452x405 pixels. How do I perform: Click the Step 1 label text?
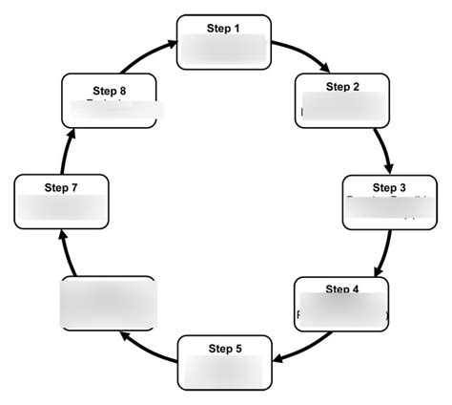click(x=224, y=28)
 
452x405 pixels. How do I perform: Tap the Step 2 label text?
click(x=342, y=87)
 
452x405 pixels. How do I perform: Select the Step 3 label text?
click(x=389, y=186)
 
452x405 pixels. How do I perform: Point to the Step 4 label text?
click(x=342, y=288)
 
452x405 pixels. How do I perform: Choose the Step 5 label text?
click(x=224, y=347)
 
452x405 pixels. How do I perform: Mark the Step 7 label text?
click(x=61, y=187)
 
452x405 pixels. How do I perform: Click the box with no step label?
click(x=108, y=303)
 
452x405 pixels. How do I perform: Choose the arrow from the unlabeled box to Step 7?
click(x=65, y=250)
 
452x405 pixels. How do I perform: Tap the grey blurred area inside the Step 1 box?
click(x=224, y=50)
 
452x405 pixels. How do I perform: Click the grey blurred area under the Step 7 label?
click(x=61, y=208)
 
